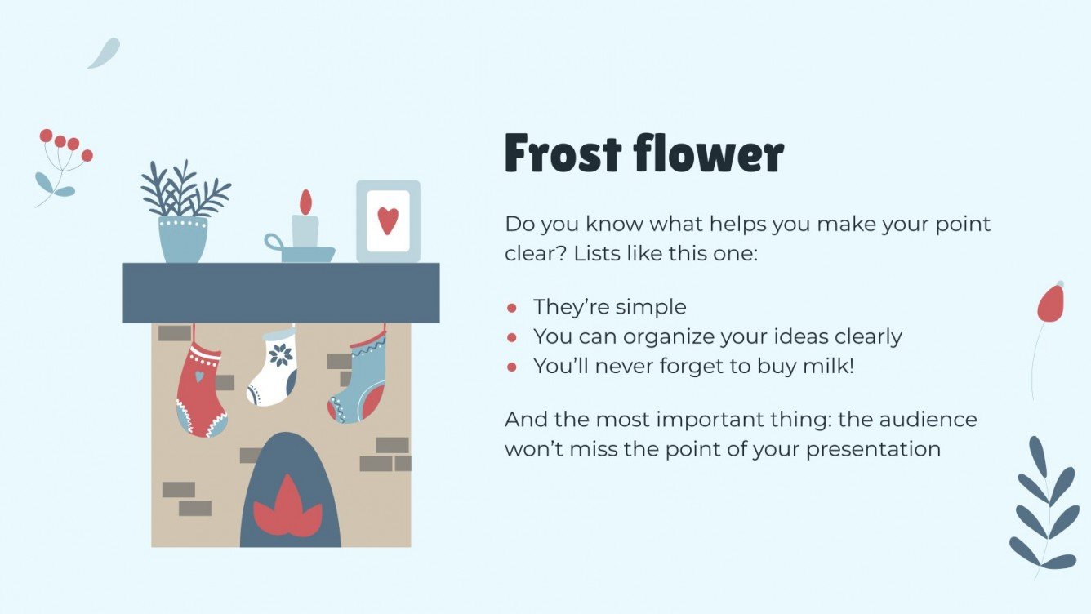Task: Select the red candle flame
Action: [x=305, y=202]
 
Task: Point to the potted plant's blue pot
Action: [x=183, y=238]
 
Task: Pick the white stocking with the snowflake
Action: [x=273, y=368]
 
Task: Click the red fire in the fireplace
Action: [x=287, y=510]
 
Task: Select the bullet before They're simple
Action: [x=512, y=308]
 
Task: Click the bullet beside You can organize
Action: [x=512, y=337]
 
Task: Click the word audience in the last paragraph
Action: [x=924, y=420]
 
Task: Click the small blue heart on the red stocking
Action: [x=198, y=376]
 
